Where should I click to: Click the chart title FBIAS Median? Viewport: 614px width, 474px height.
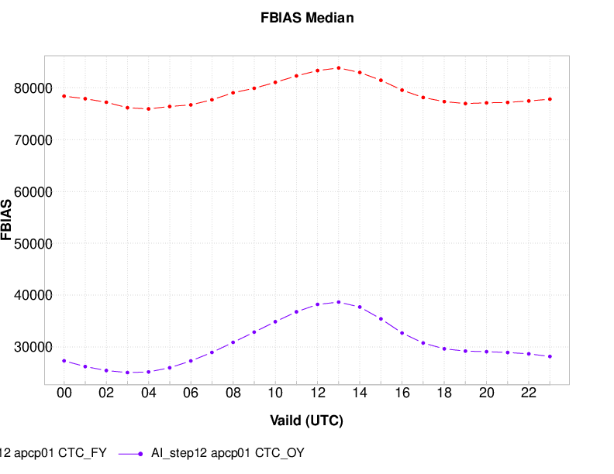307,18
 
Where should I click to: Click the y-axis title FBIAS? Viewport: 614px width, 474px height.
7,220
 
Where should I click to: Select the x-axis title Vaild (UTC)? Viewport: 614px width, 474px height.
306,421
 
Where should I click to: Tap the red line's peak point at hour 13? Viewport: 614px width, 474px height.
338,67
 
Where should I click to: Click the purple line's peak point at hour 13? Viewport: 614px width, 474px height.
338,302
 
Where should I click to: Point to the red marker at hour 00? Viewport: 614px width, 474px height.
64,96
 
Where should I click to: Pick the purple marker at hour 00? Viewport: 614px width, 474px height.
64,361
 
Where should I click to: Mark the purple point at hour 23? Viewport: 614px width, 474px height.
550,356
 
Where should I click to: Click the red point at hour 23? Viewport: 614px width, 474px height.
550,99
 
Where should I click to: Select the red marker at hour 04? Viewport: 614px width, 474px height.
149,108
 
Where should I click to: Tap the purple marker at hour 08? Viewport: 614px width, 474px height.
233,342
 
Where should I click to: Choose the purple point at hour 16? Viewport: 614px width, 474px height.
402,332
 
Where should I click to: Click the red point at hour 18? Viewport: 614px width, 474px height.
444,101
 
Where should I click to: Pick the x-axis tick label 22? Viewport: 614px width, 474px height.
528,393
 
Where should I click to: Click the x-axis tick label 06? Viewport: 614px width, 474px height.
191,393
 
